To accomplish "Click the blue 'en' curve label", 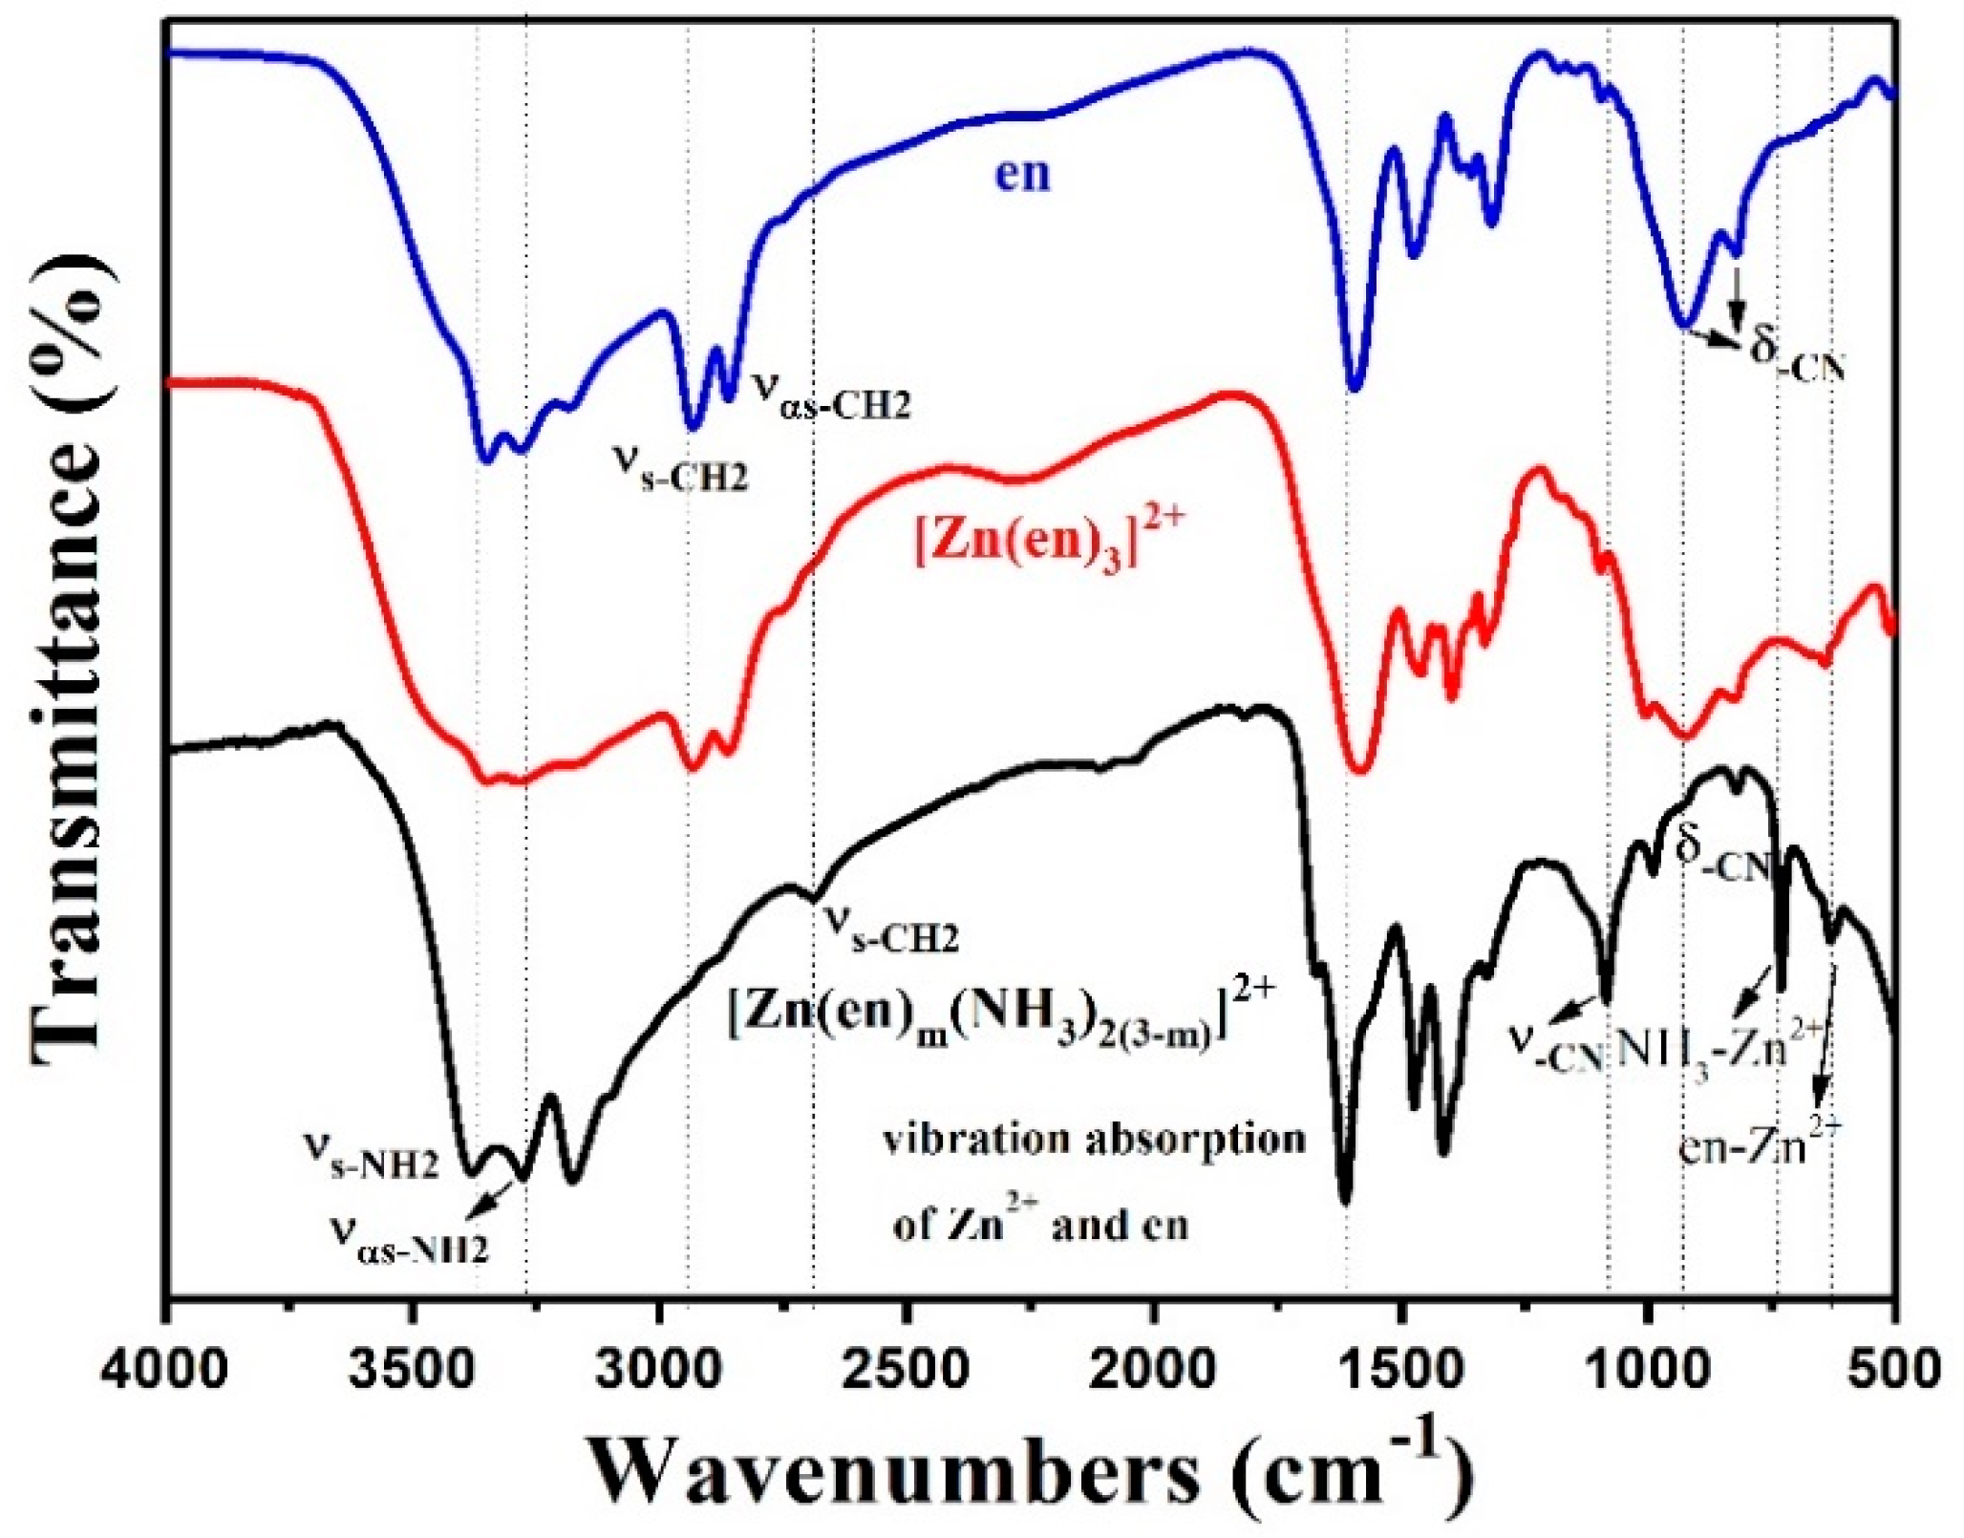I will click(x=1022, y=175).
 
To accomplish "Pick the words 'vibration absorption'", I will click(x=1094, y=1141).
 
